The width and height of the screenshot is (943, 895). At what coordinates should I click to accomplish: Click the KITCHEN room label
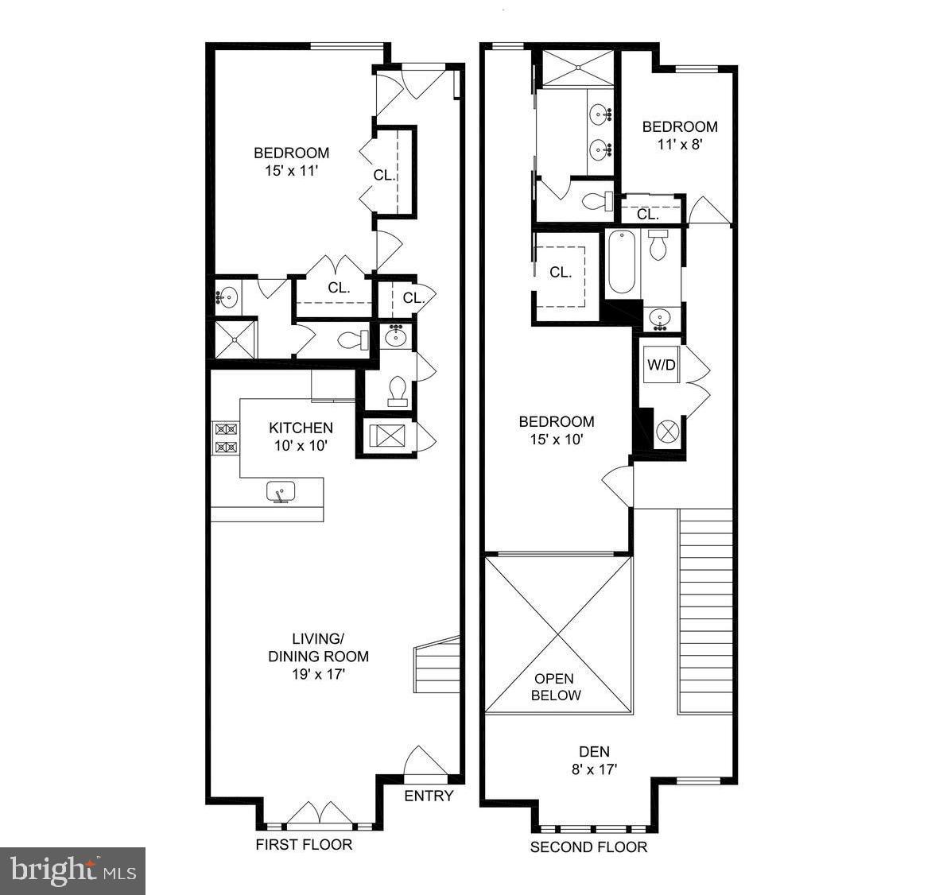point(301,428)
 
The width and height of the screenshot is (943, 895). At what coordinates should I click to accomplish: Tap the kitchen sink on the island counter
point(280,493)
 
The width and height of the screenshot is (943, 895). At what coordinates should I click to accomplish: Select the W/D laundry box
point(661,366)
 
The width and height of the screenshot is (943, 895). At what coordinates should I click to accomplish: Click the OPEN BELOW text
point(557,687)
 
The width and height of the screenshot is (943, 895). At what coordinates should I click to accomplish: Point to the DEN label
point(594,751)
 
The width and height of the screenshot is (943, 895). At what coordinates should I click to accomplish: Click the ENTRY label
point(429,796)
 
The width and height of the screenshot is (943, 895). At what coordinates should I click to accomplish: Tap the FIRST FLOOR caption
point(304,844)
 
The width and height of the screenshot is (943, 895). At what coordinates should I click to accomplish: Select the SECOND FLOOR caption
point(588,847)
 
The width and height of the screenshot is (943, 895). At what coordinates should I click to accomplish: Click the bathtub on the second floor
point(621,262)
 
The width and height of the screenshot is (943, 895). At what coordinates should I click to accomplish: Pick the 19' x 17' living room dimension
point(318,674)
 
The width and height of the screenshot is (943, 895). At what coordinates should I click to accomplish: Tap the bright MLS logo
point(72,870)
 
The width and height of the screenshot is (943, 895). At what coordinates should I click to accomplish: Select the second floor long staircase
point(705,610)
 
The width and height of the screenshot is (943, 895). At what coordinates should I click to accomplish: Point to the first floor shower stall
point(235,339)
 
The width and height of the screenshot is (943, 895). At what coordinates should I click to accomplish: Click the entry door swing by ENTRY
point(421,761)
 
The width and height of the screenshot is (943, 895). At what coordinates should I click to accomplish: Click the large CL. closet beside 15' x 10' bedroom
point(561,272)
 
